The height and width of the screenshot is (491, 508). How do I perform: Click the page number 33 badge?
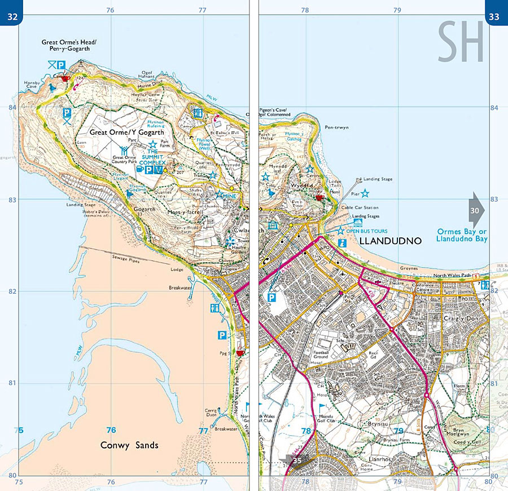pyautogui.click(x=494, y=17)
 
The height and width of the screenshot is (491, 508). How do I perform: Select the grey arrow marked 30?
pyautogui.click(x=475, y=210)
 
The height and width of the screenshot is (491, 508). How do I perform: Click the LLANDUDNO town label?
pyautogui.click(x=391, y=241)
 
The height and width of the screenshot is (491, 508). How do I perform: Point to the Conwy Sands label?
pyautogui.click(x=129, y=445)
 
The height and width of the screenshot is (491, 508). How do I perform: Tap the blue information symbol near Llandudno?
pyautogui.click(x=342, y=243)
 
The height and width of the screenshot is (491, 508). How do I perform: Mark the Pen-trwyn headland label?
pyautogui.click(x=337, y=127)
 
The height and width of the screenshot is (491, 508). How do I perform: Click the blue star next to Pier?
pyautogui.click(x=365, y=193)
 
